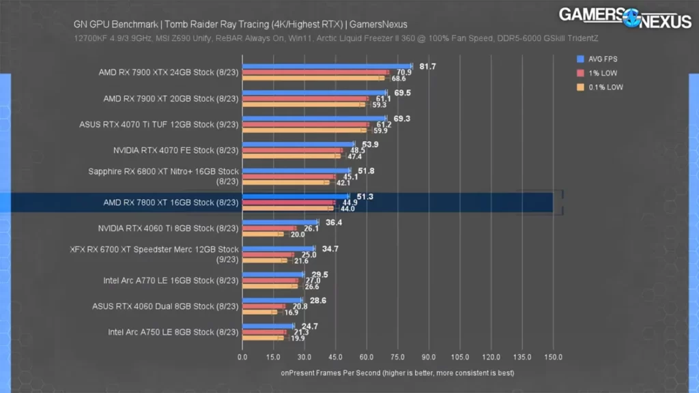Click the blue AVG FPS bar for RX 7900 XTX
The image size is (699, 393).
(x=326, y=67)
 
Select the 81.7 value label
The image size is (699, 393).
(x=428, y=66)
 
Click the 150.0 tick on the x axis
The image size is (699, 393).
(x=553, y=357)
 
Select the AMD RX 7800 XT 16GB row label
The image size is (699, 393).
(x=171, y=203)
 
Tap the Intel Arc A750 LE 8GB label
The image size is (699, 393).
(x=173, y=332)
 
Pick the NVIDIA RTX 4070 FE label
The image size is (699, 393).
(x=176, y=150)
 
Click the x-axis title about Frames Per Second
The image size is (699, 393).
(x=397, y=373)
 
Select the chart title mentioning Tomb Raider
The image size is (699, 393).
(x=240, y=25)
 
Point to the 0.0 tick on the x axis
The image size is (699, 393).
(x=242, y=357)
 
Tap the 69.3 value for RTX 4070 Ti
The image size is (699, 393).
(x=402, y=119)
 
